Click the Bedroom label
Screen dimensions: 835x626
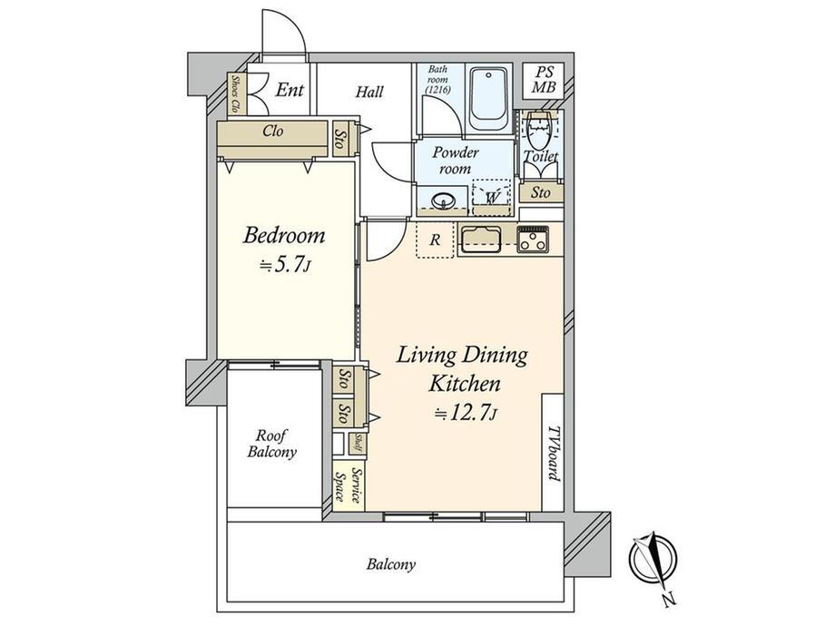pyautogui.click(x=284, y=235)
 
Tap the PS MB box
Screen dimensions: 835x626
pyautogui.click(x=544, y=80)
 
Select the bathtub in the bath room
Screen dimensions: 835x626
pyautogui.click(x=489, y=99)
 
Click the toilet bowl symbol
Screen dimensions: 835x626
pyautogui.click(x=539, y=130)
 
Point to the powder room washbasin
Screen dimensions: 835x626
pyautogui.click(x=443, y=201)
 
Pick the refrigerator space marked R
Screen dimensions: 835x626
pyautogui.click(x=435, y=240)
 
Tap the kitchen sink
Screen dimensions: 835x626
pyautogui.click(x=481, y=239)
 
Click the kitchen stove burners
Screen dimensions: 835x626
pyautogui.click(x=533, y=238)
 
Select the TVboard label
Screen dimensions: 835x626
pyautogui.click(x=555, y=453)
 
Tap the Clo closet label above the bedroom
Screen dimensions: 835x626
pyautogui.click(x=272, y=131)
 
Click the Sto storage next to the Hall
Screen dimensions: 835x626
pyautogui.click(x=339, y=138)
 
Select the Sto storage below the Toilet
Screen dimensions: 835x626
pyautogui.click(x=541, y=192)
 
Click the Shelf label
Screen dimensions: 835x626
pyautogui.click(x=358, y=444)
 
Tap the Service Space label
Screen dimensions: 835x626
pyautogui.click(x=349, y=486)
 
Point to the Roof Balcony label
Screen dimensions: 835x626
pyautogui.click(x=271, y=444)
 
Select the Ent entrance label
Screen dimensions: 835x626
pyautogui.click(x=290, y=90)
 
